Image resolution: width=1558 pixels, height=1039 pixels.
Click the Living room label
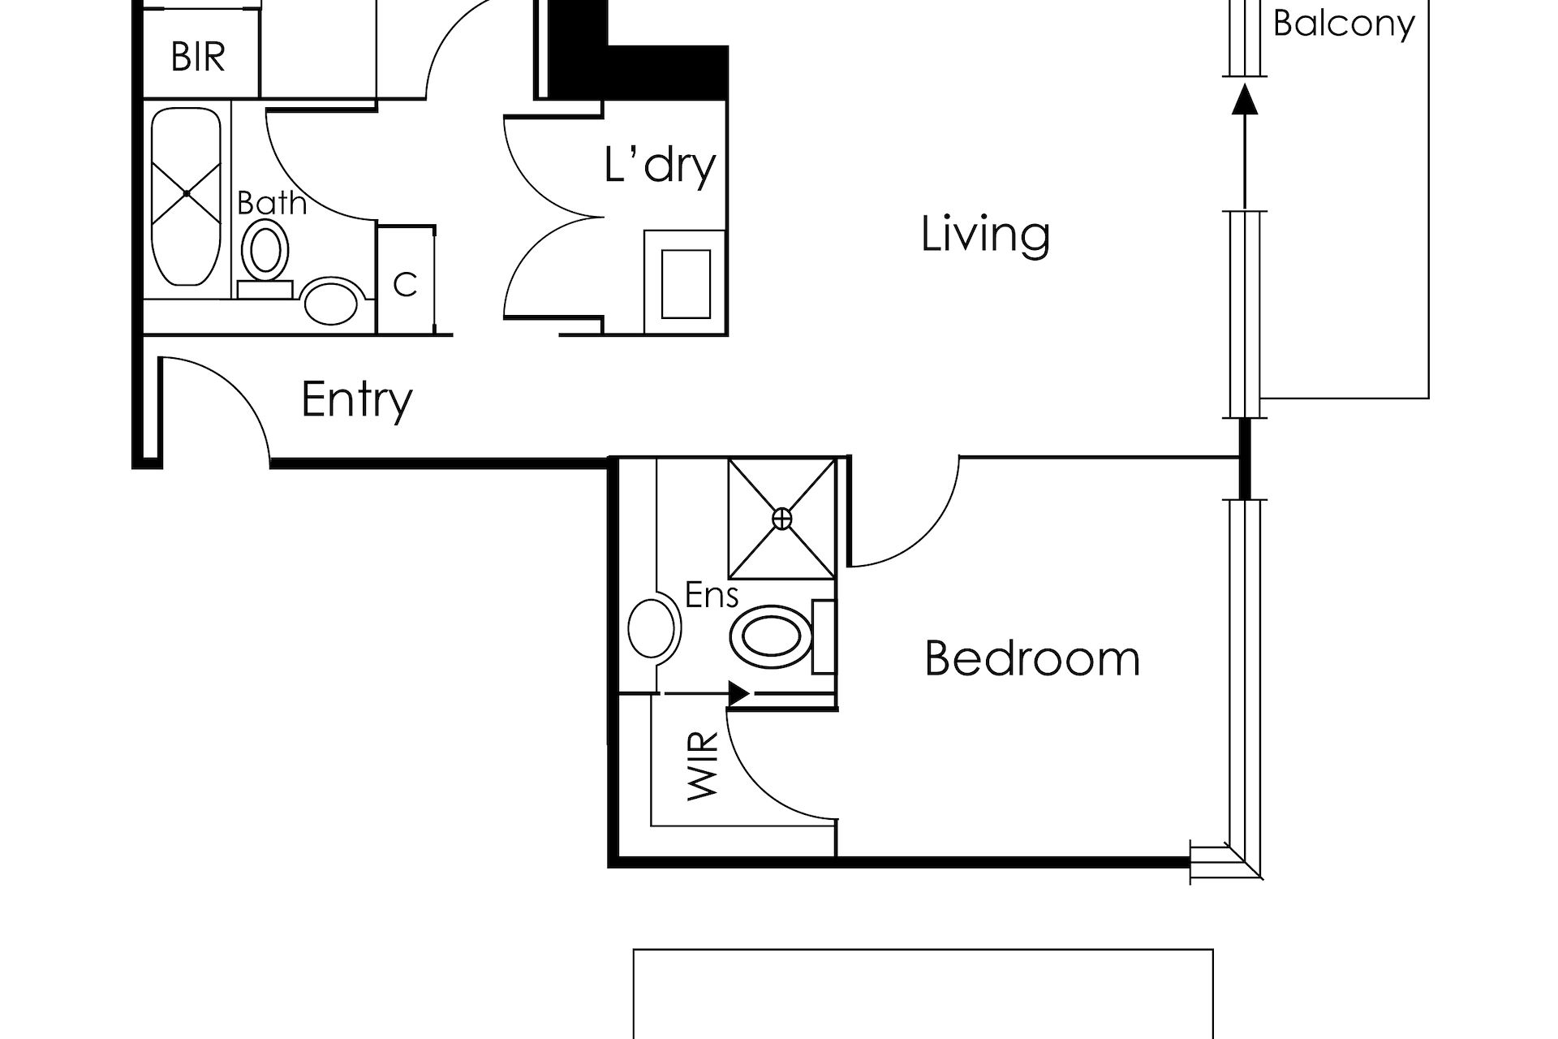click(x=985, y=235)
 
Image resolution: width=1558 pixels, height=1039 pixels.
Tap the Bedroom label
click(x=1032, y=658)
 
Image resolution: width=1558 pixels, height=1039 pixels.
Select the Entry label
click(x=357, y=400)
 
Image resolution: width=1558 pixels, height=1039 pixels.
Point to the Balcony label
click(x=1344, y=24)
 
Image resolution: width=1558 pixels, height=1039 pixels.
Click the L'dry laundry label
click(x=661, y=166)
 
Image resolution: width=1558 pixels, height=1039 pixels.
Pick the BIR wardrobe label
click(x=198, y=57)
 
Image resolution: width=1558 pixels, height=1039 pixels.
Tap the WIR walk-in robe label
click(x=703, y=766)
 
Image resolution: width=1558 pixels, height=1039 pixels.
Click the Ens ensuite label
click(x=712, y=595)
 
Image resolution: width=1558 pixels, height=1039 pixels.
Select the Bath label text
click(x=272, y=203)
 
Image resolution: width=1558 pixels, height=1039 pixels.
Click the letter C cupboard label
click(x=405, y=285)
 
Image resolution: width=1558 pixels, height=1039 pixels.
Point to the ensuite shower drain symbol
click(x=781, y=519)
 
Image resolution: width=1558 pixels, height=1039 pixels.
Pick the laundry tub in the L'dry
click(x=686, y=283)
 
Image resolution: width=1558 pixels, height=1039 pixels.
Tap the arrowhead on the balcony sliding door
click(x=1244, y=98)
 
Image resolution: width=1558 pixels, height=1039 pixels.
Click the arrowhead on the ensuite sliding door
click(x=738, y=694)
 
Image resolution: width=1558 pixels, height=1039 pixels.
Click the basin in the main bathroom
click(x=330, y=301)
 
